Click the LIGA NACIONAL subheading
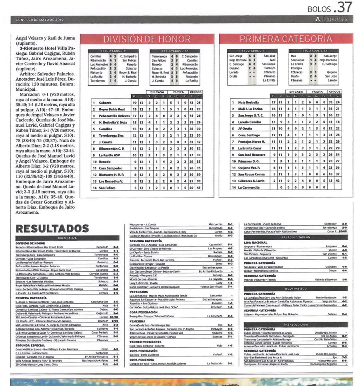(256, 242)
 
